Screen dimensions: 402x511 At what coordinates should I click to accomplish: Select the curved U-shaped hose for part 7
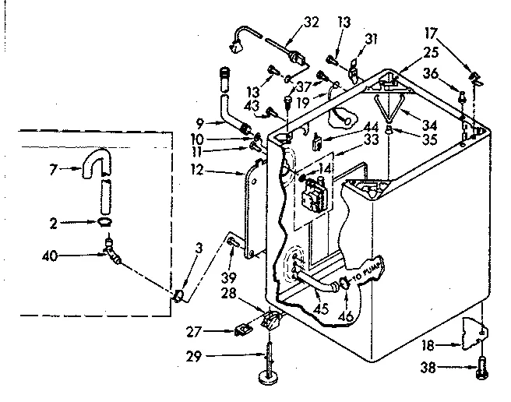(95, 167)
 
